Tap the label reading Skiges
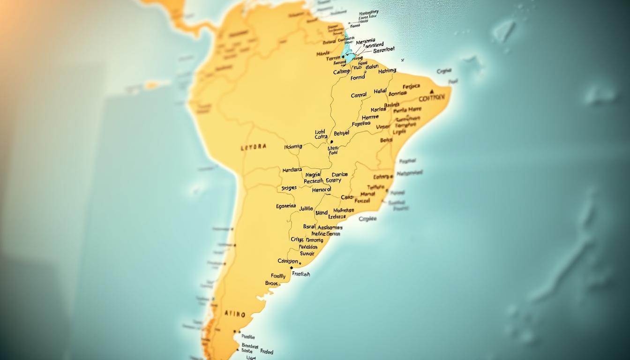pyautogui.click(x=289, y=188)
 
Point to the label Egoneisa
pyautogui.click(x=286, y=206)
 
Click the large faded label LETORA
pyautogui.click(x=253, y=147)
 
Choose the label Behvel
pyautogui.click(x=341, y=133)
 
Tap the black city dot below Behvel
pyautogui.click(x=331, y=141)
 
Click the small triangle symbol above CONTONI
pyautogui.click(x=431, y=91)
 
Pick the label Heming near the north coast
pyautogui.click(x=387, y=71)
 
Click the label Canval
pyautogui.click(x=359, y=96)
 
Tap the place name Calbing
pyautogui.click(x=341, y=72)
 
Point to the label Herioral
pyautogui.click(x=321, y=190)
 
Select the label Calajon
pyautogui.click(x=288, y=261)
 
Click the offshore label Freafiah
pyautogui.click(x=300, y=274)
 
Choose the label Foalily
pyautogui.click(x=278, y=276)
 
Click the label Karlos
pyautogui.click(x=379, y=110)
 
